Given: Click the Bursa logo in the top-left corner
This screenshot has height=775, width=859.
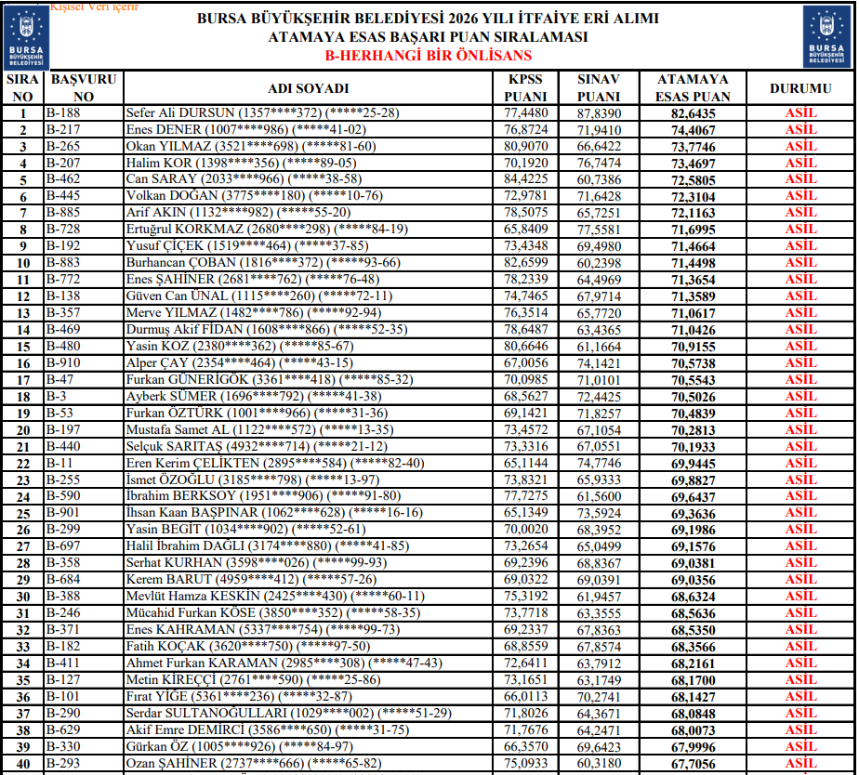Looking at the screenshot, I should coord(27,36).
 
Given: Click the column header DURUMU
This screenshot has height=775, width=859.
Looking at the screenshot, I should coord(800,88).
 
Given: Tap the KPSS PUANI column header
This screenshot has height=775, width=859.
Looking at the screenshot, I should coord(524,88).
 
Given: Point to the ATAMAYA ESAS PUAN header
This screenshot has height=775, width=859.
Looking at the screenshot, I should coord(693,88).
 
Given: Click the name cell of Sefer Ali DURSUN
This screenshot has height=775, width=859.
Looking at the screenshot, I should coord(262,113).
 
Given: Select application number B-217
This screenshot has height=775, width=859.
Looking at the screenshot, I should coord(63,130).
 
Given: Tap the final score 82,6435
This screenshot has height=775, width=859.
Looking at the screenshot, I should coord(693,113).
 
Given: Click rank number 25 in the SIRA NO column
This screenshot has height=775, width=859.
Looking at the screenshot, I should coord(23,513).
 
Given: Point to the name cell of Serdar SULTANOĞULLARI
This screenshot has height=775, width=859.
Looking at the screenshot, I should coord(288,713).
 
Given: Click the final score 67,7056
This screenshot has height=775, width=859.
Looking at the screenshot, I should coord(693,763).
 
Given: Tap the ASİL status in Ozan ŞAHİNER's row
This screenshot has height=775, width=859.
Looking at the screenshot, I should coord(800,763).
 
